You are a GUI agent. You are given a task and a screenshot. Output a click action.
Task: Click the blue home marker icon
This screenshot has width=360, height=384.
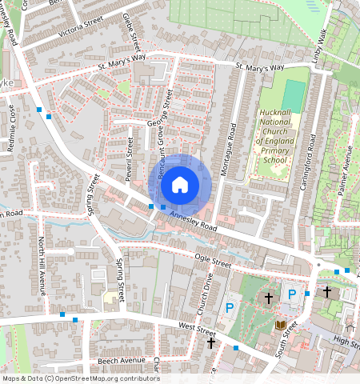coord(180,185)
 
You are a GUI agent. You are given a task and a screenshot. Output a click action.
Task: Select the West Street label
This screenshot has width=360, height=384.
coord(197,328)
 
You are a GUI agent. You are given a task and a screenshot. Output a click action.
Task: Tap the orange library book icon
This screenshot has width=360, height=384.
coord(279,324)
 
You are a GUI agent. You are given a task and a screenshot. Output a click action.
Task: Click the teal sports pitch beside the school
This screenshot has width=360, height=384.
coord(294,95)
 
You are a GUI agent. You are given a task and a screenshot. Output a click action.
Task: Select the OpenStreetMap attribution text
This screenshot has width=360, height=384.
coord(81,378)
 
